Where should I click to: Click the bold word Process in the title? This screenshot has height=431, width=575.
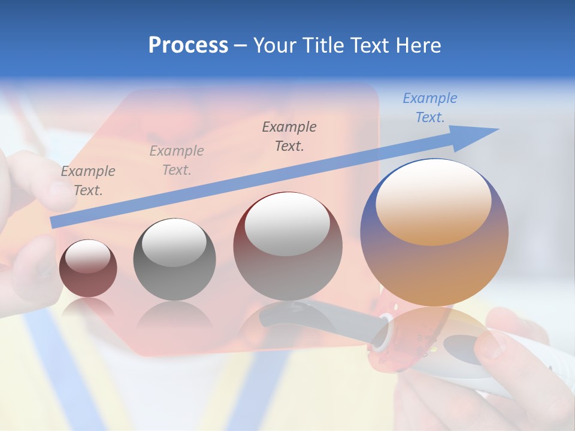coord(188,45)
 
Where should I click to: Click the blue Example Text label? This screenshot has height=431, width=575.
coord(429,108)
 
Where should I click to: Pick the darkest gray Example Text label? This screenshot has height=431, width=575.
coord(289,136)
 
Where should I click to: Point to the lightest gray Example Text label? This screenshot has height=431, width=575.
coord(177,160)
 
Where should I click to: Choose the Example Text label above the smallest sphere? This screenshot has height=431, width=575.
coord(88,180)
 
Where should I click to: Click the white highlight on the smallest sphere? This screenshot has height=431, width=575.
coord(87,256)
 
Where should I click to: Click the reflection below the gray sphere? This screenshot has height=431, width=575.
coord(174,317)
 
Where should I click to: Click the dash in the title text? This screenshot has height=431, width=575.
coord(241,46)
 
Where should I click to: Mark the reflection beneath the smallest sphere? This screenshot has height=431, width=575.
coord(88,306)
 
